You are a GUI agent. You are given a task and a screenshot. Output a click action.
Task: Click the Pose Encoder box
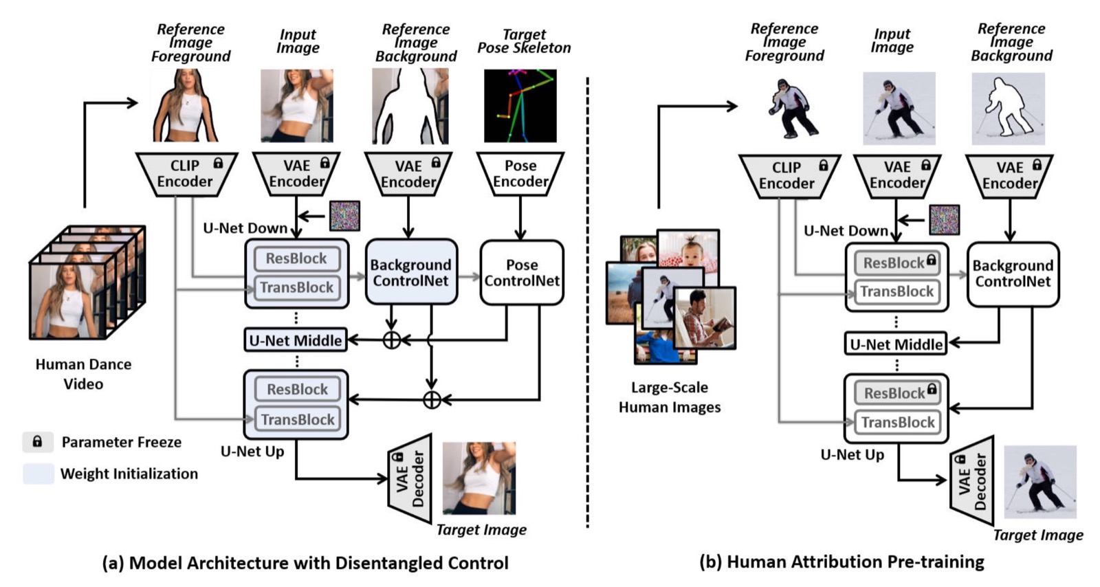520,174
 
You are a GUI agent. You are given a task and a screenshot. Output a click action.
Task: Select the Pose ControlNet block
522,273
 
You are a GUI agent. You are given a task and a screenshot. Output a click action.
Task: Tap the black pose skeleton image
520,106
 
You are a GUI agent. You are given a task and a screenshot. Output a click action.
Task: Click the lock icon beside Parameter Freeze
38,442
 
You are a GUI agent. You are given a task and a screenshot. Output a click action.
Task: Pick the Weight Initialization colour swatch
38,474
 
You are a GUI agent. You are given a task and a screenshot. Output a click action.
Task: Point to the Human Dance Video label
83,374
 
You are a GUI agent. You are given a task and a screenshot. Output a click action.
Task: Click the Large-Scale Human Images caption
670,397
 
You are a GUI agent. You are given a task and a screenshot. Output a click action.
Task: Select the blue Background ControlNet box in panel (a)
411,273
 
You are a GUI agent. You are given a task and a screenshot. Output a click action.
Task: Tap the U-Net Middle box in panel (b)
896,344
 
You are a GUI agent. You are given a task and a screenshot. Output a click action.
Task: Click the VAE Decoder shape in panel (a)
410,479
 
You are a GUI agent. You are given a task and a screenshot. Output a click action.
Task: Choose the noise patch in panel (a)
344,216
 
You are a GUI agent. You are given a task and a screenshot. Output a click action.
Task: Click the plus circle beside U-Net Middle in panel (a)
391,340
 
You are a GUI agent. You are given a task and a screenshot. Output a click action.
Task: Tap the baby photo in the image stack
688,250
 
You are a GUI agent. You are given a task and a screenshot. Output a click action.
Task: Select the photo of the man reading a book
705,317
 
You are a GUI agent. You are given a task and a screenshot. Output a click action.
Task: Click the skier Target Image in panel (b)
1039,481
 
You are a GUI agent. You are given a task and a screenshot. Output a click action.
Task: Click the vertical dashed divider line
588,302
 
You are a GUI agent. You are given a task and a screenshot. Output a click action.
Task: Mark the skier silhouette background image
1008,109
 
